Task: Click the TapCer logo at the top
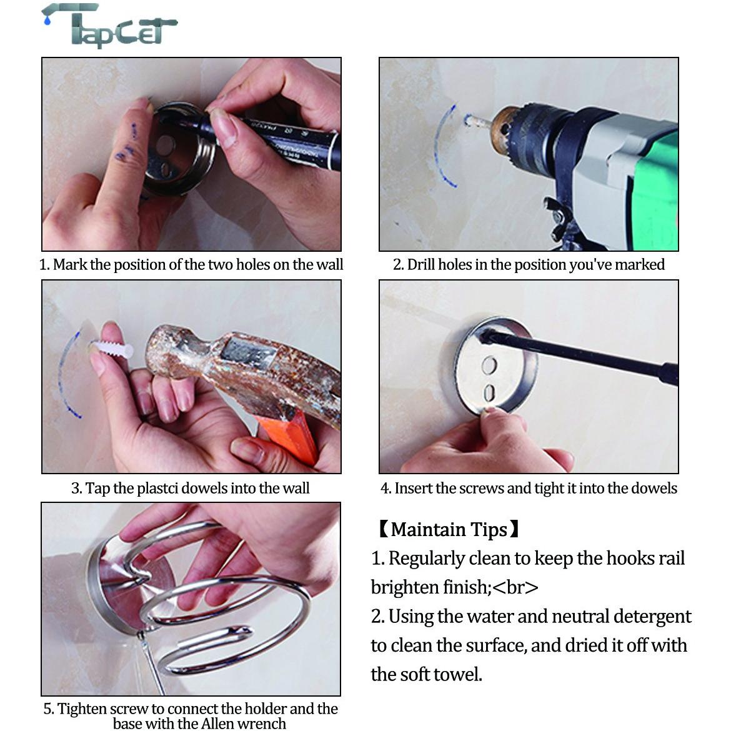(109, 26)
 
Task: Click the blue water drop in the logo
(46, 20)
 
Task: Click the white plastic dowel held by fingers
(111, 348)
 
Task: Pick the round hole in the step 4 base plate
(489, 365)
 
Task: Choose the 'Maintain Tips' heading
(449, 530)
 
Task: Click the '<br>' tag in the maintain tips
(515, 587)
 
